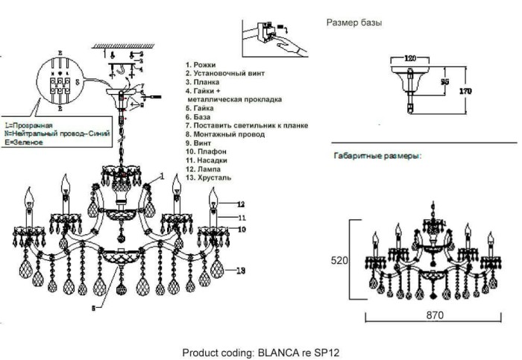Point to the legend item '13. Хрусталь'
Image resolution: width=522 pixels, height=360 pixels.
(211, 178)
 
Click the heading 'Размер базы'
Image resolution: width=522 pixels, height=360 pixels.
(355, 23)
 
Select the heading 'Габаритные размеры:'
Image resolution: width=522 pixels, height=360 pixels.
(374, 157)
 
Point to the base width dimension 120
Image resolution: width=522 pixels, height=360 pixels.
(409, 57)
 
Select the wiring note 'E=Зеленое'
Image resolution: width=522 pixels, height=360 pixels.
(22, 142)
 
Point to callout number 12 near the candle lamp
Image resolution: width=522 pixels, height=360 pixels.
(241, 203)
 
